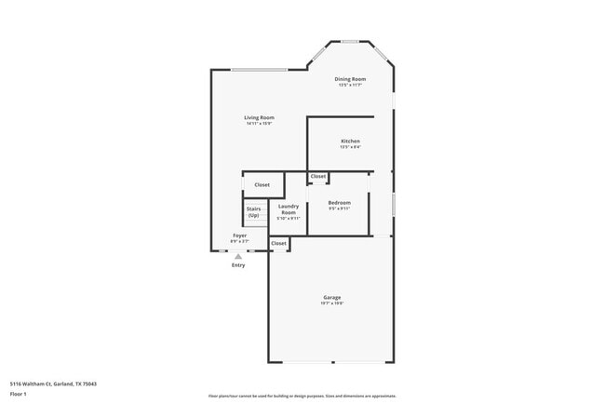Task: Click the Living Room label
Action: pyautogui.click(x=259, y=117)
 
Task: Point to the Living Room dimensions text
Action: pyautogui.click(x=259, y=124)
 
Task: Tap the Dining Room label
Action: pyautogui.click(x=351, y=79)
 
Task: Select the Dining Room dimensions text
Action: pyautogui.click(x=351, y=86)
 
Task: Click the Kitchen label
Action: pyautogui.click(x=350, y=141)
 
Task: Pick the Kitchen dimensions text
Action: pyautogui.click(x=350, y=147)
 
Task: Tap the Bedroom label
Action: pyautogui.click(x=339, y=202)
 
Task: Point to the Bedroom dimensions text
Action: pyautogui.click(x=339, y=209)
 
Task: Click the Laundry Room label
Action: pyautogui.click(x=288, y=209)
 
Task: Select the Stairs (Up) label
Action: pyautogui.click(x=253, y=212)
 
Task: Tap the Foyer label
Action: pyautogui.click(x=240, y=236)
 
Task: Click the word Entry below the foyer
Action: pyautogui.click(x=238, y=265)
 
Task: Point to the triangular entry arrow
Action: pyautogui.click(x=238, y=256)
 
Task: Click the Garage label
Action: pyautogui.click(x=332, y=297)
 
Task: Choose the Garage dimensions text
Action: pyautogui.click(x=332, y=303)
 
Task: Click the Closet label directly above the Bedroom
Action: pyautogui.click(x=318, y=176)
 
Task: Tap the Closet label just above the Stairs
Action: pyautogui.click(x=262, y=184)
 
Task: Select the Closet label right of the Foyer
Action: pyautogui.click(x=278, y=243)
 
